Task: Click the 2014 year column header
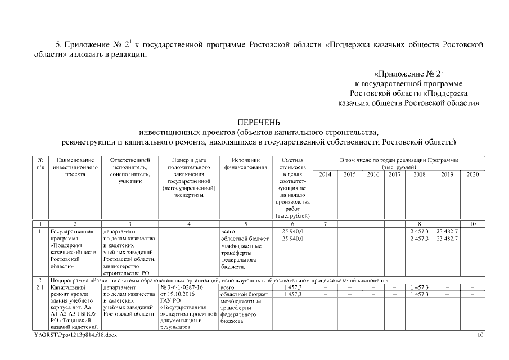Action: coord(325,175)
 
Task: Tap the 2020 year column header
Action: coord(472,175)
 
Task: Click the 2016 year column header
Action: coord(373,175)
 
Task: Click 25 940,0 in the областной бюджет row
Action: coord(292,238)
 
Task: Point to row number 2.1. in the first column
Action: coord(40,287)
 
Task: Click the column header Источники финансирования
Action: coord(242,164)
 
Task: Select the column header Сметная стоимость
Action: coord(292,164)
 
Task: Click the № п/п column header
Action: coord(40,164)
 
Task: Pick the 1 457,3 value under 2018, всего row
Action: coord(420,287)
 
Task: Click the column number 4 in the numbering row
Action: coord(188,224)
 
